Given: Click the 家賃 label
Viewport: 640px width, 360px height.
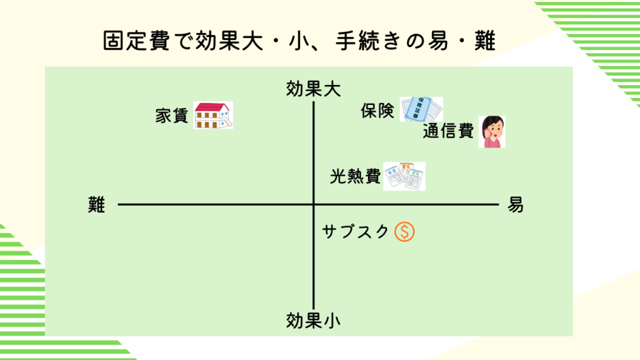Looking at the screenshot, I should click(172, 116).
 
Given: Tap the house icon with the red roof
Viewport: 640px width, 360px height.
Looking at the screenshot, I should click(212, 116).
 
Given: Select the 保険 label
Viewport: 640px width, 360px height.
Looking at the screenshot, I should click(377, 111).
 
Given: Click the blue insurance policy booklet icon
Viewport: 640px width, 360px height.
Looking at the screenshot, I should click(421, 109).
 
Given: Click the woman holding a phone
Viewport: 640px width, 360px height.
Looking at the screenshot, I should click(492, 131).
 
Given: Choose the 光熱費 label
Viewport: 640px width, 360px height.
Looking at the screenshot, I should click(355, 177).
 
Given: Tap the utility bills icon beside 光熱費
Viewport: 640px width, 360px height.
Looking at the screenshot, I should click(404, 176).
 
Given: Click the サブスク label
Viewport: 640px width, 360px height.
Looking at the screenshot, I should click(356, 232).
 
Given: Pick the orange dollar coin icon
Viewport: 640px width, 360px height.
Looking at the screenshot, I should click(404, 232).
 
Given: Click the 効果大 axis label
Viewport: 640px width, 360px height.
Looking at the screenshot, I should click(313, 89).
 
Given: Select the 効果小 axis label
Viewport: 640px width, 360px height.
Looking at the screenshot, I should click(313, 321).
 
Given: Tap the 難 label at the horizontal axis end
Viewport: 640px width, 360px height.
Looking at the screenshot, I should click(97, 204).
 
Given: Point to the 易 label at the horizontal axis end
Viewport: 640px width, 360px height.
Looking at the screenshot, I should click(516, 204).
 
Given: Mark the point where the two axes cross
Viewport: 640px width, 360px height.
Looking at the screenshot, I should click(313, 204).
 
